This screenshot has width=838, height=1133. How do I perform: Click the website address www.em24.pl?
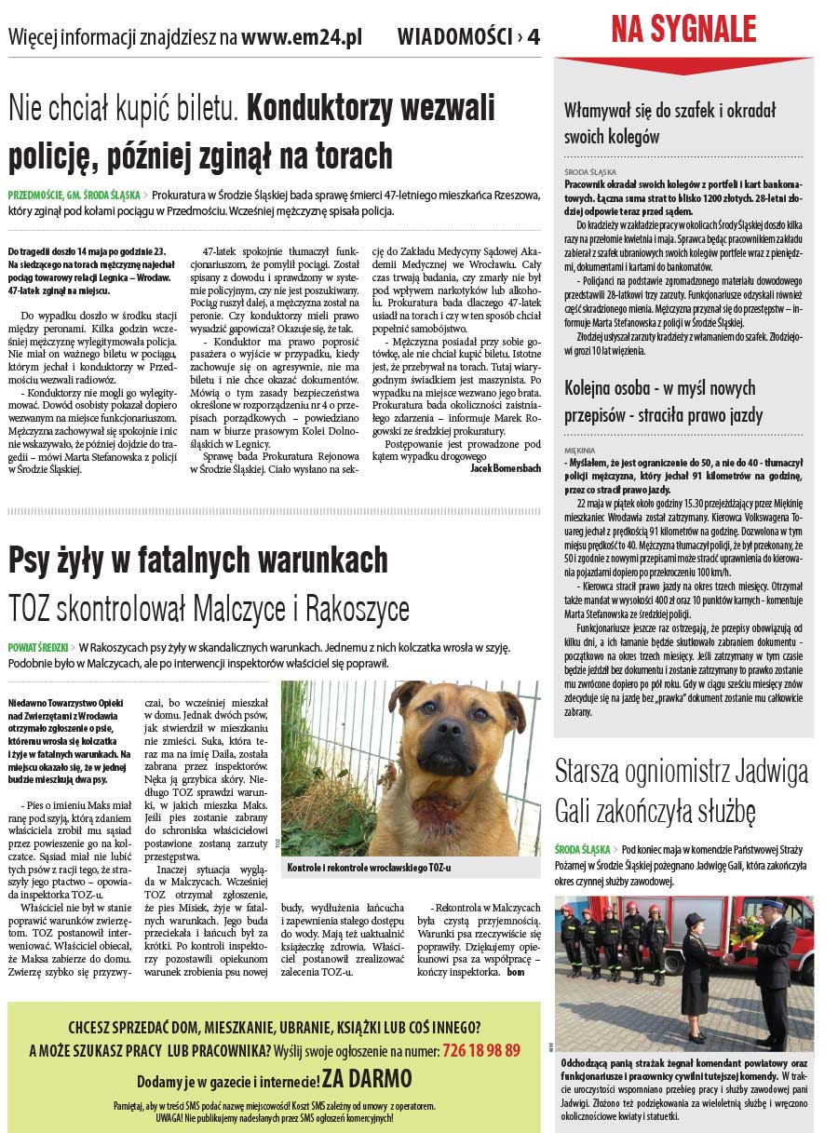point(302,38)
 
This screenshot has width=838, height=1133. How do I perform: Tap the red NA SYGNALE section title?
point(683,29)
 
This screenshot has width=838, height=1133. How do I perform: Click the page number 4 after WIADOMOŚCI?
point(533,38)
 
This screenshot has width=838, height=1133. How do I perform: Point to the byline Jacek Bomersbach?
point(505,468)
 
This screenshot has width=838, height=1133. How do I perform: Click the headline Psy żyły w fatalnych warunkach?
point(197,560)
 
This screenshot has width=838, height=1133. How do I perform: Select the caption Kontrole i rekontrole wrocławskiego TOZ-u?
point(369,868)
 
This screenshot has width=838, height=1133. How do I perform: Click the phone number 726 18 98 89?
point(481,1051)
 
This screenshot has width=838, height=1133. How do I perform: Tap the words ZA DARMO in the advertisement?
point(366,1080)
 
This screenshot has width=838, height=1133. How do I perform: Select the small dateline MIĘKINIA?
point(579,451)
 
